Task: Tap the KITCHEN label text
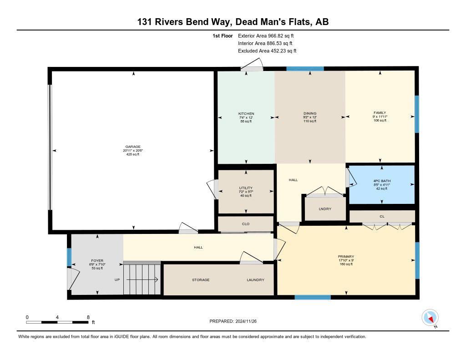246,114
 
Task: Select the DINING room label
310,114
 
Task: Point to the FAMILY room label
380,112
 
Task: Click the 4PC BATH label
381,181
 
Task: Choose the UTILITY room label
246,188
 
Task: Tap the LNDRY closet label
325,209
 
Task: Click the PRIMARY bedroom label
346,257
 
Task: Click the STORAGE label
201,280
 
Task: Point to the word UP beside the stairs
117,280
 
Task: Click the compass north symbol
430,318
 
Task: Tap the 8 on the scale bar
88,317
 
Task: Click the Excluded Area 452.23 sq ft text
267,51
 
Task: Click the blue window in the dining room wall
305,69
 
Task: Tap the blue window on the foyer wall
69,257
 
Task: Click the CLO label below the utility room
246,224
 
